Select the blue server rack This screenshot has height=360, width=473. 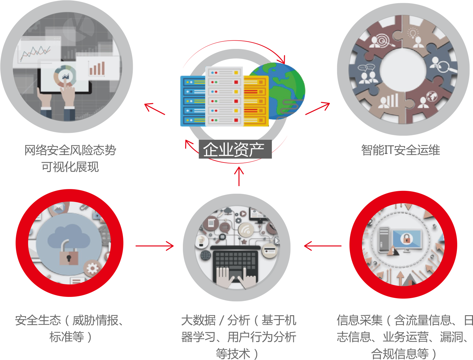192,101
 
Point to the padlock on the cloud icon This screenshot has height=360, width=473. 69,254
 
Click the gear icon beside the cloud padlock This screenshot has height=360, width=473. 92,269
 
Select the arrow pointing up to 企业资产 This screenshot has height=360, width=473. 239,176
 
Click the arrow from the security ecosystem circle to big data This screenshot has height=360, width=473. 155,246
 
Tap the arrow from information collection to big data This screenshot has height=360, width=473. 322,246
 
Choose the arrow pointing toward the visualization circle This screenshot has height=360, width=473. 155,109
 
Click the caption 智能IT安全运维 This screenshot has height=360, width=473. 400,150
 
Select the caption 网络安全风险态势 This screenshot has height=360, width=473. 70,150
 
